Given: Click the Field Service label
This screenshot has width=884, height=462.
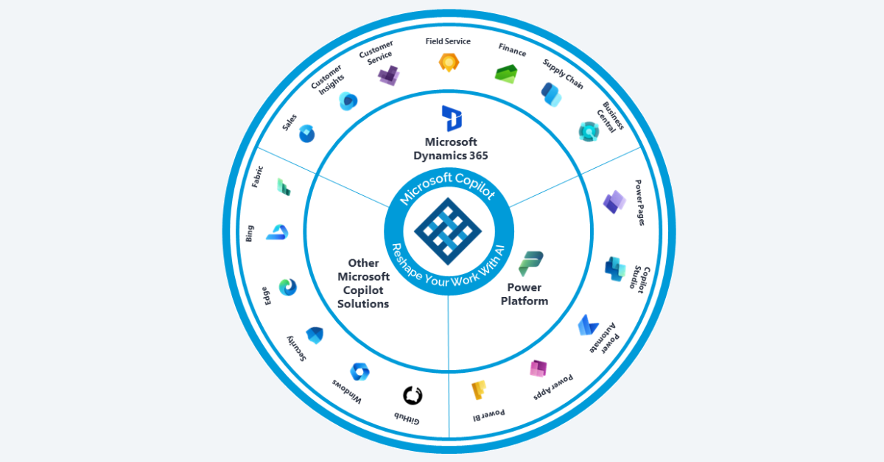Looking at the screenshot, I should [x=448, y=41].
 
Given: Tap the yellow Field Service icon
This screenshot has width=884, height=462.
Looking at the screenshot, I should [x=448, y=63].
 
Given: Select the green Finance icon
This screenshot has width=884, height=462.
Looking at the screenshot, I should [x=505, y=74].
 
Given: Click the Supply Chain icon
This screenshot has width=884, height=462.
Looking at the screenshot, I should [x=550, y=94].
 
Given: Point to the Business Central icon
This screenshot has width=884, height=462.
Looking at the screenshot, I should [x=589, y=131].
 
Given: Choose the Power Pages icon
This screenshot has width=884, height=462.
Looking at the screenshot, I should [x=614, y=202].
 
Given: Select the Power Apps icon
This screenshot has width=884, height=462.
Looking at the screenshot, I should [x=539, y=368].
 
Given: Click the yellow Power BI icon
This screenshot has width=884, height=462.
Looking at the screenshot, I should [x=480, y=390].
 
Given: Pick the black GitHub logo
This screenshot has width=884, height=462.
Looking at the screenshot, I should [x=413, y=396].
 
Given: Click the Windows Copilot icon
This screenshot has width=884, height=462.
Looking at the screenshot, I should [x=359, y=371].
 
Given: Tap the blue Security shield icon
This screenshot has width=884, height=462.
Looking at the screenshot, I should [x=315, y=335].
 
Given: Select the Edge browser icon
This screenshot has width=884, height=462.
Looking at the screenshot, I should [x=288, y=287].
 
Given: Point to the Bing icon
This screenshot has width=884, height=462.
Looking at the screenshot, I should [x=277, y=233].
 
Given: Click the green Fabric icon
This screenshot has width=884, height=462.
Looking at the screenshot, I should [x=284, y=187].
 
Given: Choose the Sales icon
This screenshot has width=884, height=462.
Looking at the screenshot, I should [x=306, y=134].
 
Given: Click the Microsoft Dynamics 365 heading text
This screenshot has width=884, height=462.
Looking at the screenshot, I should [x=451, y=149].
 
